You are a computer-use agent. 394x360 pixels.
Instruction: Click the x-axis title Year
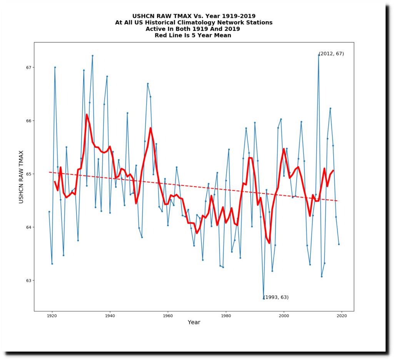194,323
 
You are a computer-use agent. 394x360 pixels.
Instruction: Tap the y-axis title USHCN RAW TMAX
22,177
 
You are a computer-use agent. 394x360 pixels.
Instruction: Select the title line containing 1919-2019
194,16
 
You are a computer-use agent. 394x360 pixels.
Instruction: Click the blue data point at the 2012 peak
319,55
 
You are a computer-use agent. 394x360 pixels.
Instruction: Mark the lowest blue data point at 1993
264,298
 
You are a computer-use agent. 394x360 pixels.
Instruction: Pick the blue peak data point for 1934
92,55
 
